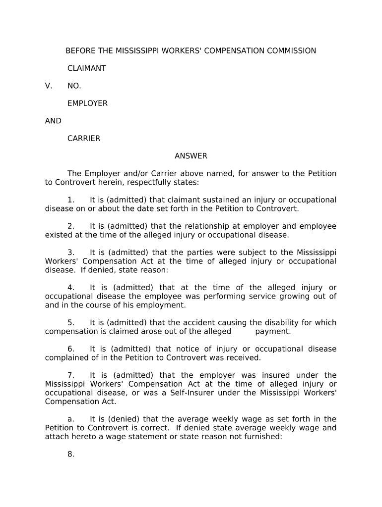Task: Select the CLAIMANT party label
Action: [x=86, y=68]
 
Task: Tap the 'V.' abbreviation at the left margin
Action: [x=49, y=86]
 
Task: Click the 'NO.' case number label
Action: [x=74, y=86]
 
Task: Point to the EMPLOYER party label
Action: [x=87, y=103]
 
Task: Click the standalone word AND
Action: [x=53, y=121]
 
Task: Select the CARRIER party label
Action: [x=84, y=139]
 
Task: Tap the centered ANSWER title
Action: [x=191, y=156]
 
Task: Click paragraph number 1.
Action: [x=71, y=200]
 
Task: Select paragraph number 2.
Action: [x=71, y=226]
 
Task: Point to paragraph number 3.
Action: [x=71, y=253]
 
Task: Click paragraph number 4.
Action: [x=71, y=288]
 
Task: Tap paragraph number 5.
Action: [x=71, y=323]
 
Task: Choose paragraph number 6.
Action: [x=71, y=349]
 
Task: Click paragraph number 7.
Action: [x=71, y=375]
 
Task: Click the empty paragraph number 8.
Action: [x=71, y=455]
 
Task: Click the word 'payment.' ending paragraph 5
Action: [x=273, y=332]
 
